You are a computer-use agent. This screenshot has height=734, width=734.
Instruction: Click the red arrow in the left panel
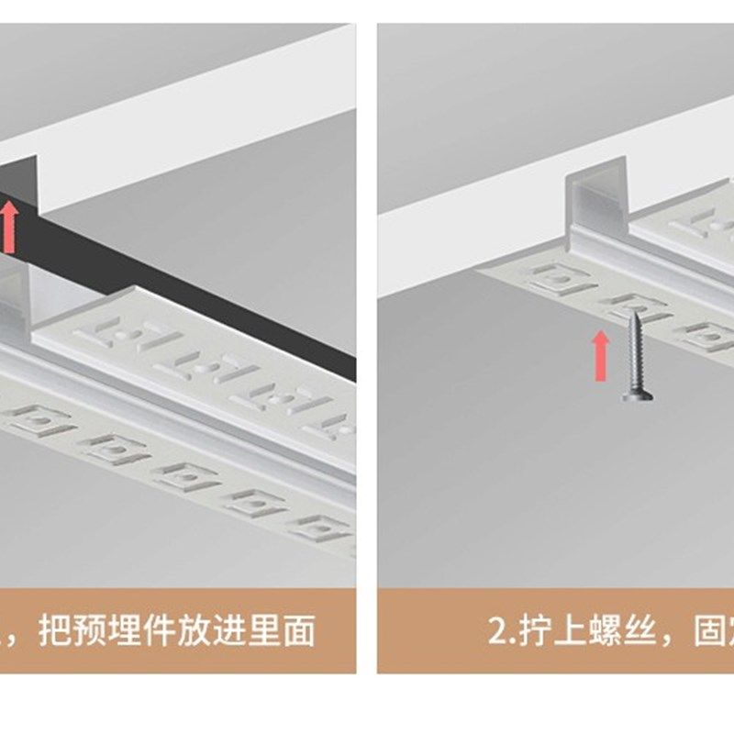click(9, 227)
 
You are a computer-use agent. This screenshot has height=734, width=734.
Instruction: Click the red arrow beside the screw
click(600, 355)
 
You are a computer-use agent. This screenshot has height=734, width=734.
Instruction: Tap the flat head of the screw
click(637, 396)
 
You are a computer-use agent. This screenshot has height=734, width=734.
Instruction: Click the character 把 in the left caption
click(56, 630)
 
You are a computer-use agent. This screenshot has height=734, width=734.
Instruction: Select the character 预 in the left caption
click(93, 630)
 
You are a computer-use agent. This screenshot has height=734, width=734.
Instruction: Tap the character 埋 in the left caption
click(129, 630)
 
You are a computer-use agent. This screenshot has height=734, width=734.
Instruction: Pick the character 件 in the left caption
click(166, 630)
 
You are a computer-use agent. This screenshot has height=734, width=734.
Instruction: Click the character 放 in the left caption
click(204, 630)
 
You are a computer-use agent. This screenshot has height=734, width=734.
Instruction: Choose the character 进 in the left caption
click(240, 630)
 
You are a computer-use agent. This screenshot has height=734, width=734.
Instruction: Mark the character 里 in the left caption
click(277, 630)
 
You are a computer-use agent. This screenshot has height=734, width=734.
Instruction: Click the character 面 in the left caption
click(314, 630)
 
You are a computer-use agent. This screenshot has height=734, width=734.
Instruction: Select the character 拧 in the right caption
click(530, 630)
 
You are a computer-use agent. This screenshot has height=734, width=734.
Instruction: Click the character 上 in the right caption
click(567, 630)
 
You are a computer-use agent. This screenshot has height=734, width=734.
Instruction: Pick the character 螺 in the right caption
click(604, 630)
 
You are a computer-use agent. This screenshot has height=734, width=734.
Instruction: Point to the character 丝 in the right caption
click(640, 630)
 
